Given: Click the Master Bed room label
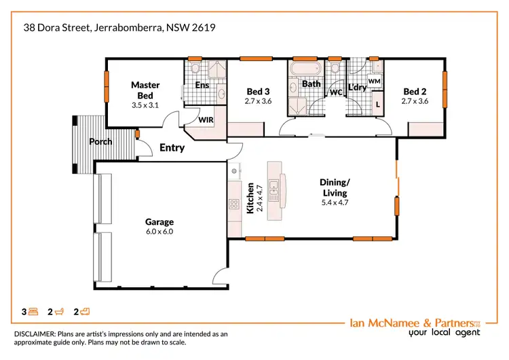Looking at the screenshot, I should (x=145, y=90).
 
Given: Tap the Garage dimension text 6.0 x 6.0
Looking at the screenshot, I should (x=159, y=232).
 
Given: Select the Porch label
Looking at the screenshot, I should (x=100, y=142).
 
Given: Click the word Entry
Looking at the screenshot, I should (x=172, y=147).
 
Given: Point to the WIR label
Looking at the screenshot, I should (x=206, y=120).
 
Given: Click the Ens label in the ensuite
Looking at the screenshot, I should (x=202, y=86).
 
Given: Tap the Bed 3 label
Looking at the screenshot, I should (x=258, y=92).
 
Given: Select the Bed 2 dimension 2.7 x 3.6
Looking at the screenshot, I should (x=416, y=101).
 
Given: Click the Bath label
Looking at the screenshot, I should (x=311, y=84).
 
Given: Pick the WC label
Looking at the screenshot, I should (x=335, y=92).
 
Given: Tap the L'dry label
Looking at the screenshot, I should (x=357, y=87).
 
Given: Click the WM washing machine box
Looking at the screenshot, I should (x=373, y=81).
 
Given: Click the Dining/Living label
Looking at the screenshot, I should (x=335, y=187).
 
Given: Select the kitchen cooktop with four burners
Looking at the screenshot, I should (x=234, y=203).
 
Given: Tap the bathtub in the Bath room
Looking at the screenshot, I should (x=303, y=70).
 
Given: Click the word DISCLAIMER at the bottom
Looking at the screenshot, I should (x=37, y=334).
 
